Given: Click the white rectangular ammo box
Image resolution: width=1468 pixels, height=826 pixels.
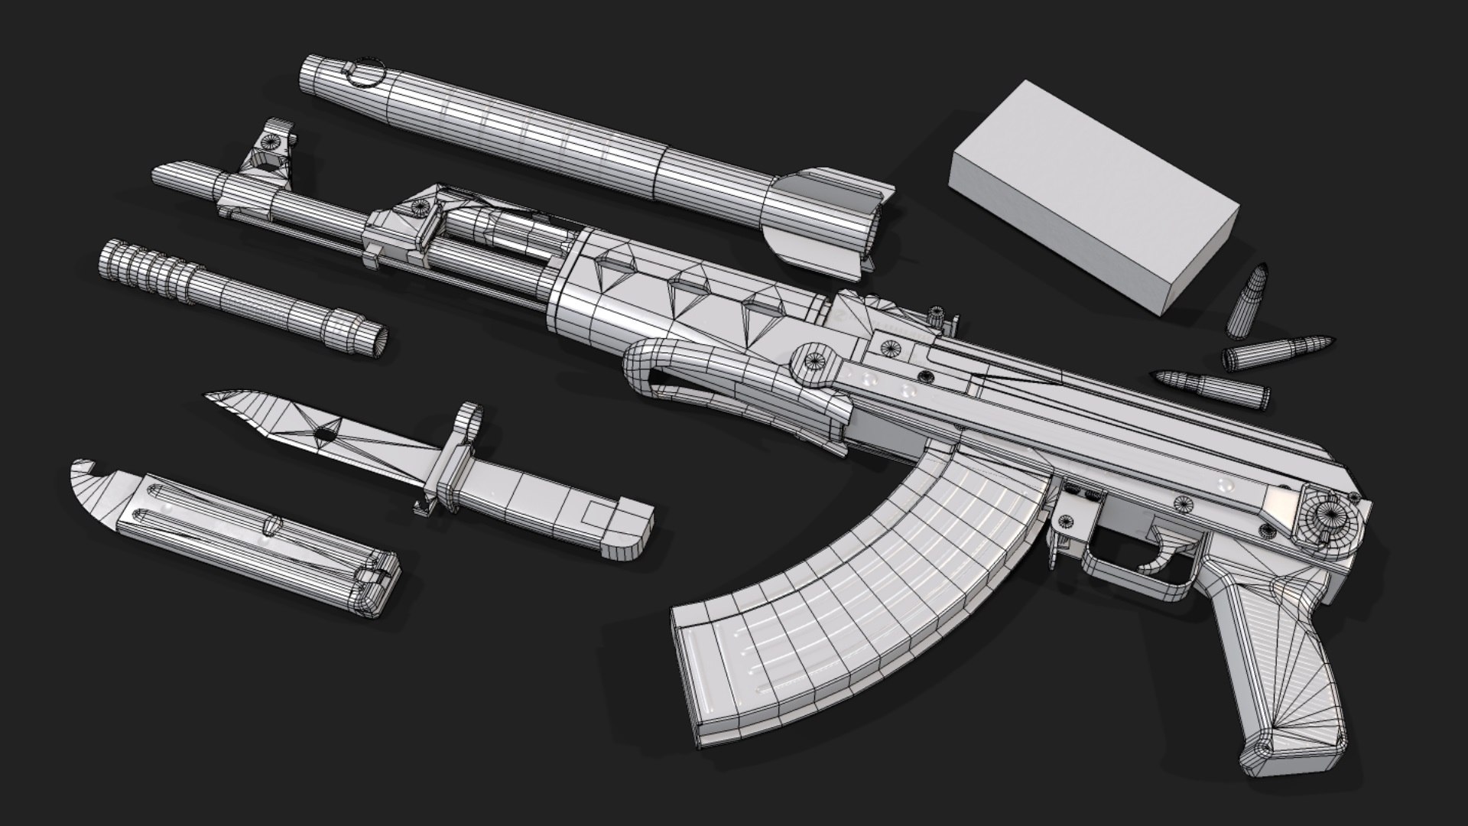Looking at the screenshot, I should [x=1093, y=195].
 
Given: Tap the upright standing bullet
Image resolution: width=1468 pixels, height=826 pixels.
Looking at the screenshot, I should [x=1247, y=302].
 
